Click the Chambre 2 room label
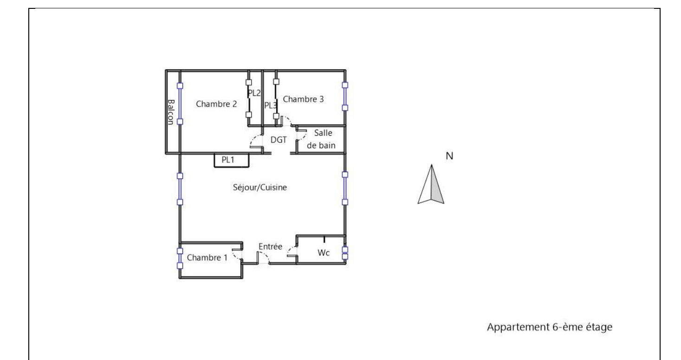[216, 104]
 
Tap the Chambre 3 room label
[303, 99]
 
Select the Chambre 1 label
[207, 258]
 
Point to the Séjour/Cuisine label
[259, 187]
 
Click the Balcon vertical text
[171, 112]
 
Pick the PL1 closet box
[231, 160]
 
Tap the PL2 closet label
[254, 93]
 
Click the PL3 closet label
[270, 105]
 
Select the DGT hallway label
[279, 140]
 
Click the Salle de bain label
[321, 139]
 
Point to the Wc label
[324, 253]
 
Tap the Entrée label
[270, 247]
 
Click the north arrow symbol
[431, 184]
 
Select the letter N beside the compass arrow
[449, 156]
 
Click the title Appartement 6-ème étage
[550, 327]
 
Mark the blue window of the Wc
[345, 253]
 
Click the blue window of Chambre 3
[345, 96]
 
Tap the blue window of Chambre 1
[180, 258]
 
